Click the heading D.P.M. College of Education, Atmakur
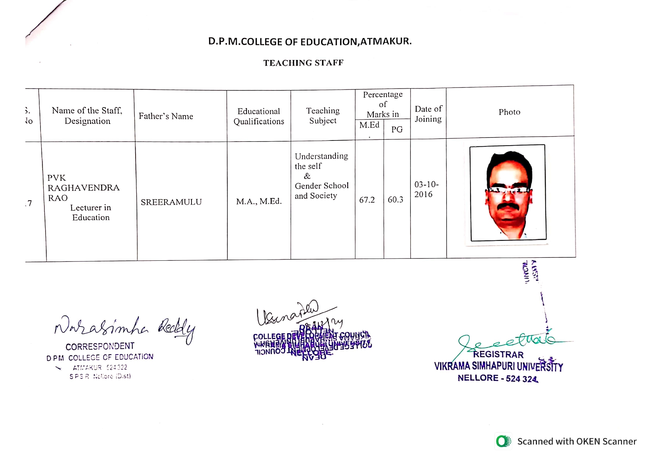click(310, 41)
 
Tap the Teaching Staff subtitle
click(303, 63)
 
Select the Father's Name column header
click(166, 116)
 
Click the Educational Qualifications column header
click(259, 116)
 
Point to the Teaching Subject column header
click(323, 115)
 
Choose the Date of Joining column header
click(428, 114)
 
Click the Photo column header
click(509, 112)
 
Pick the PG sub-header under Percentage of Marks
click(397, 129)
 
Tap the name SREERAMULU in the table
click(171, 202)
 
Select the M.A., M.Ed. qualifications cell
click(259, 201)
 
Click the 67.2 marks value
click(367, 200)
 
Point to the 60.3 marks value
click(395, 200)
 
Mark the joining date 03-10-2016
click(426, 189)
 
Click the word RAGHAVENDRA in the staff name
click(83, 188)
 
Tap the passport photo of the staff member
click(508, 193)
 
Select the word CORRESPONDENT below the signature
click(100, 346)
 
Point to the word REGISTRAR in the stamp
click(498, 355)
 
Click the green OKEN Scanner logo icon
click(503, 441)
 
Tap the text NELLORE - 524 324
click(498, 378)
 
